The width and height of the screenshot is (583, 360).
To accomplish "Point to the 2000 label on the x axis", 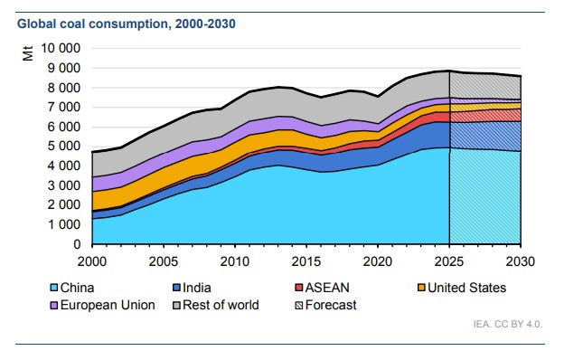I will tap(92, 261).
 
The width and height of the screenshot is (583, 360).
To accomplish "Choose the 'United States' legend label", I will tap(467, 289).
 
